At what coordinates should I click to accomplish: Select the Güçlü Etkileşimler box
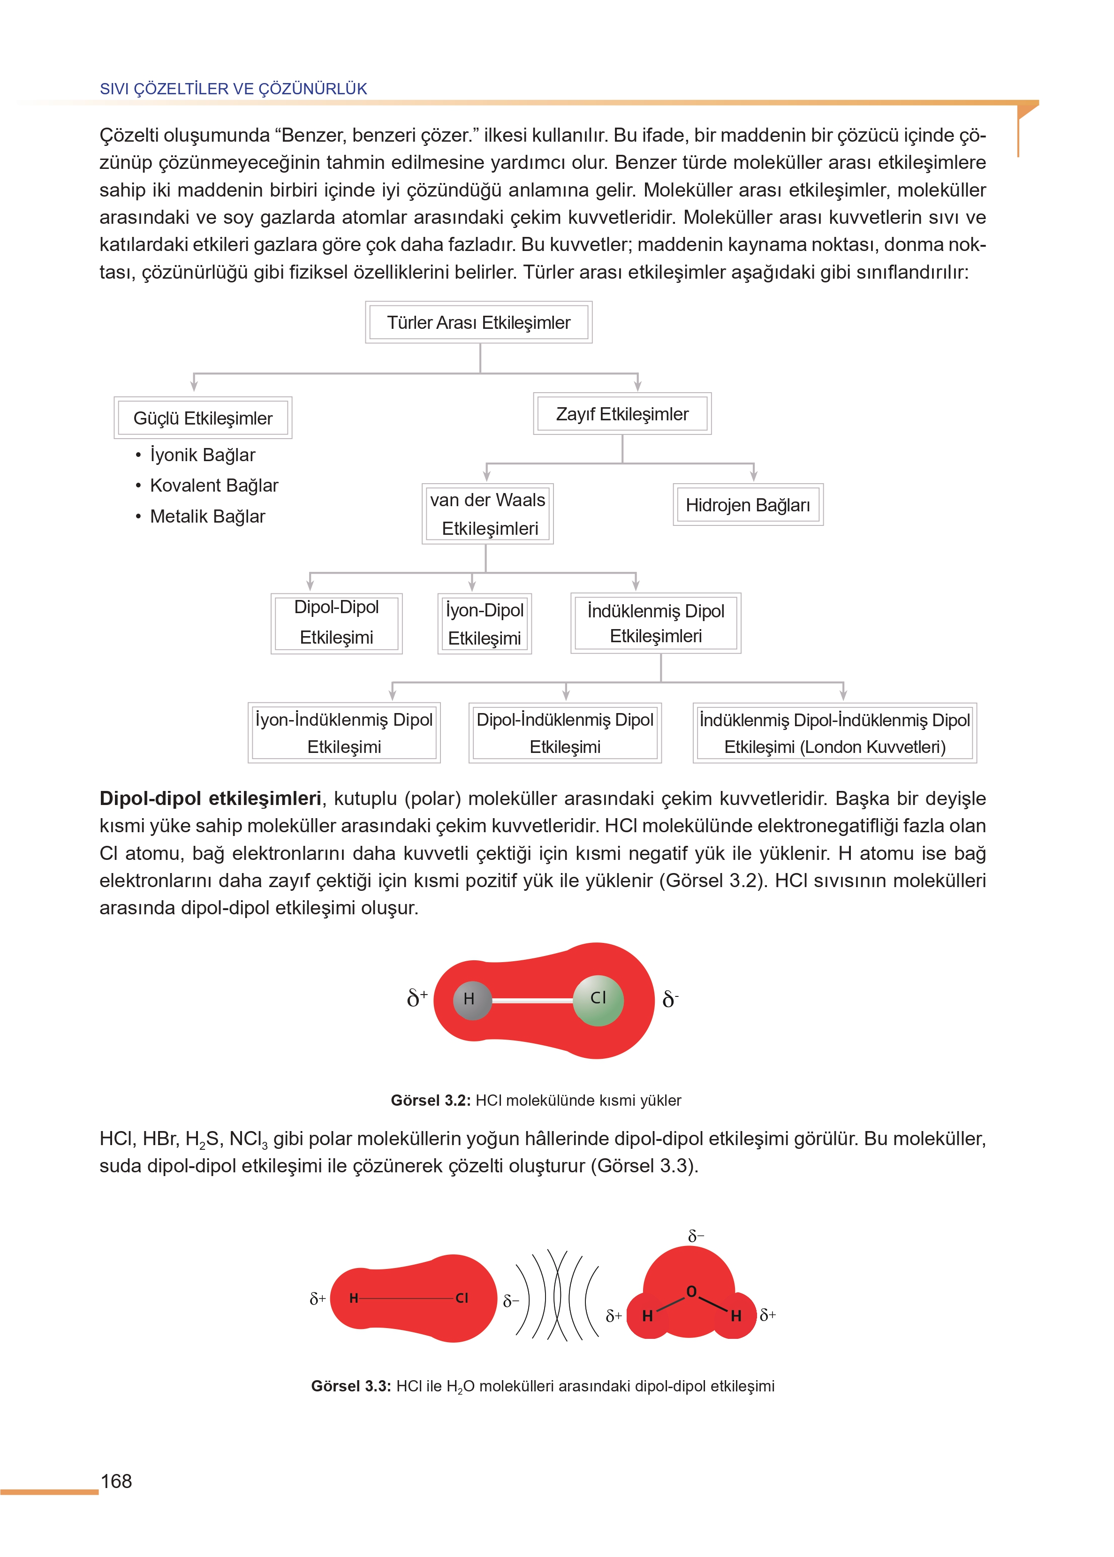(203, 418)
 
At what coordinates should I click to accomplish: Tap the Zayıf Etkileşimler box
(622, 414)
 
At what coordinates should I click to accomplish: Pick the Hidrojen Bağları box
(748, 505)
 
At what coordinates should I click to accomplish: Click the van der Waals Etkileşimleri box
(488, 514)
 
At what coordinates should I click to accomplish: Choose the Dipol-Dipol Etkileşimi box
(336, 623)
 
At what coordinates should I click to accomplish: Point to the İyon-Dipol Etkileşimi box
(484, 623)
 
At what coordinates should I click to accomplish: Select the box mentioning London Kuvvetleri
(835, 733)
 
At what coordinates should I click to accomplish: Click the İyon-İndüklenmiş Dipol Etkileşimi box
(344, 733)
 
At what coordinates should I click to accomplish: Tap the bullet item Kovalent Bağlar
(214, 486)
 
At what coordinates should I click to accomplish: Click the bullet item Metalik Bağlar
(207, 516)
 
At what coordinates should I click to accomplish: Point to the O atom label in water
(691, 1291)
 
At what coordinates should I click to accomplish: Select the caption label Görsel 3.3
(350, 1385)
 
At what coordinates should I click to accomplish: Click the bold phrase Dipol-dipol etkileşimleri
(210, 798)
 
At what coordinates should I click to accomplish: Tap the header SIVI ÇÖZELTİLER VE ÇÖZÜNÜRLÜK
(233, 89)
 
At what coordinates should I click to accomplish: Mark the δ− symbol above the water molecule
(696, 1236)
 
